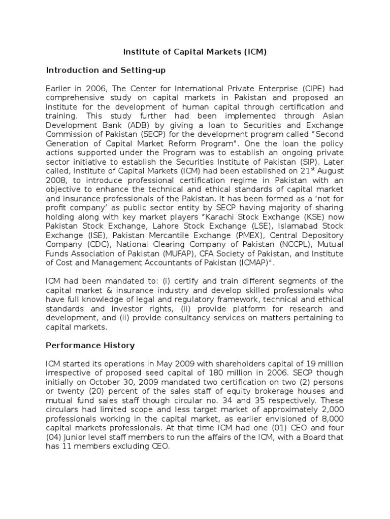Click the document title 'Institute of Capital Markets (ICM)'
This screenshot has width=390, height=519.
tap(196, 52)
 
